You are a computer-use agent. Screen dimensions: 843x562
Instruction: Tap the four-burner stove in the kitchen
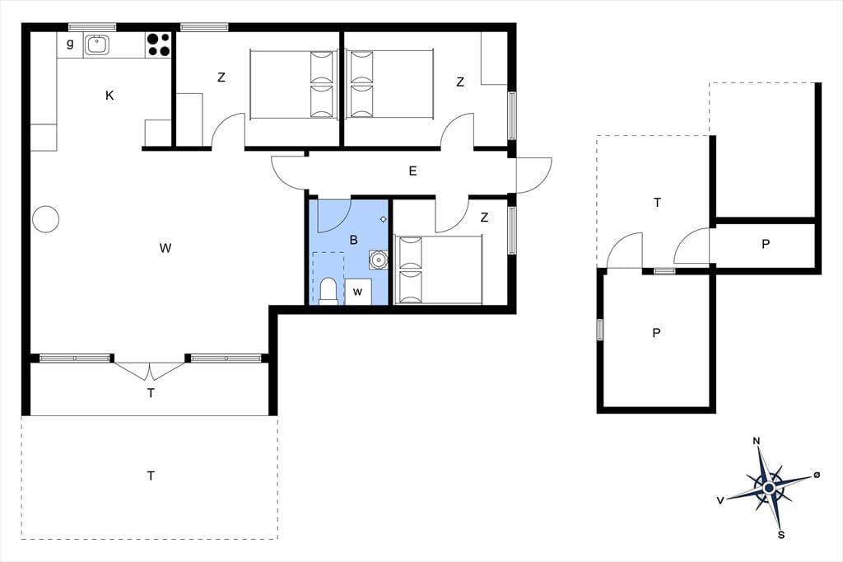point(158,44)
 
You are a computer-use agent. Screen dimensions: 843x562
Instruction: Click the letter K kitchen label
point(109,96)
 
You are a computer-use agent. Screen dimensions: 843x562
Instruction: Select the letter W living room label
point(165,248)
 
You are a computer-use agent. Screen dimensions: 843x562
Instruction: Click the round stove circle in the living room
point(46,219)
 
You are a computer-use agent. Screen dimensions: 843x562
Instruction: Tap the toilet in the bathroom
point(328,291)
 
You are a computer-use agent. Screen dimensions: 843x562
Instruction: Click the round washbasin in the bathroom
point(379,260)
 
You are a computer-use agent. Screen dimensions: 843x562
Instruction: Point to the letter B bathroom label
point(353,240)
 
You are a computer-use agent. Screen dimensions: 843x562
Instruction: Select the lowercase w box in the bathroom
point(358,292)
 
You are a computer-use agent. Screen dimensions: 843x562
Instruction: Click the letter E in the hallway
point(413,171)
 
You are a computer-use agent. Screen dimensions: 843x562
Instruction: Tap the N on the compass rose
point(757,442)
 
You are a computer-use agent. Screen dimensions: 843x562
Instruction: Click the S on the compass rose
point(782,535)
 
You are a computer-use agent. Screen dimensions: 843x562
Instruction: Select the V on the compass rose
point(720,501)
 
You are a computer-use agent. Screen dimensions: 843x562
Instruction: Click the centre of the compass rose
point(769,488)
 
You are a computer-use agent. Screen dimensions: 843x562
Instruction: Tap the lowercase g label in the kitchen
point(70,44)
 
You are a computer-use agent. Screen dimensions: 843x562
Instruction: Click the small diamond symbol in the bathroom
point(384,219)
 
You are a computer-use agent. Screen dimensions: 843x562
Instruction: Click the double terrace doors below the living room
point(150,371)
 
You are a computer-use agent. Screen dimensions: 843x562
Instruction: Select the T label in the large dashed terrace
point(151,475)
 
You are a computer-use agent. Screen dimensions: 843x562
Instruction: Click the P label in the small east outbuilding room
point(766,244)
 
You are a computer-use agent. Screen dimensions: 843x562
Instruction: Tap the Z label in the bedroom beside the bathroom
point(484,218)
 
